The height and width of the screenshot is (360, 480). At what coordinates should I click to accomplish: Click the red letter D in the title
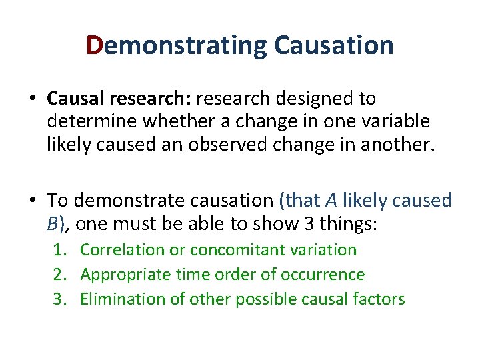[x=94, y=45]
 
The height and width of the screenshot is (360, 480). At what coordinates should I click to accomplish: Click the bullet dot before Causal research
[x=33, y=99]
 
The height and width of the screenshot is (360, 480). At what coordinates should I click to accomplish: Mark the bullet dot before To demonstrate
[x=33, y=201]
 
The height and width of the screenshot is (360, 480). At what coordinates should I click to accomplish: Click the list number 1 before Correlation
[x=59, y=250]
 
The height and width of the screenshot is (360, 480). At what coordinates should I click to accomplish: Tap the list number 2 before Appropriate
[x=59, y=275]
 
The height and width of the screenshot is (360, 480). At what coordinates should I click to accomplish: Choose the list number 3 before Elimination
[x=59, y=299]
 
